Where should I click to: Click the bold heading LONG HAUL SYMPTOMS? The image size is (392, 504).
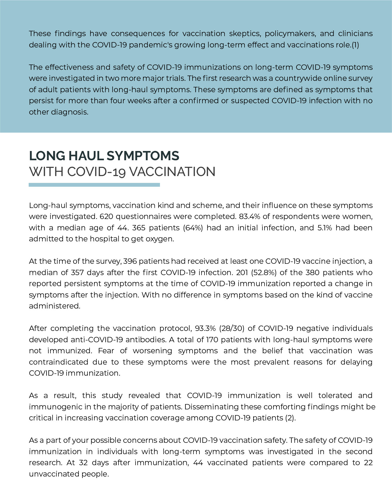[x=104, y=156]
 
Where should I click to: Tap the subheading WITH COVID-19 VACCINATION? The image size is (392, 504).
[x=122, y=172]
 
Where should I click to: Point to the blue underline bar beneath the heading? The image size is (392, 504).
[x=94, y=185]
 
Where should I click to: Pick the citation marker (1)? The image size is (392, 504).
[x=355, y=45]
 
